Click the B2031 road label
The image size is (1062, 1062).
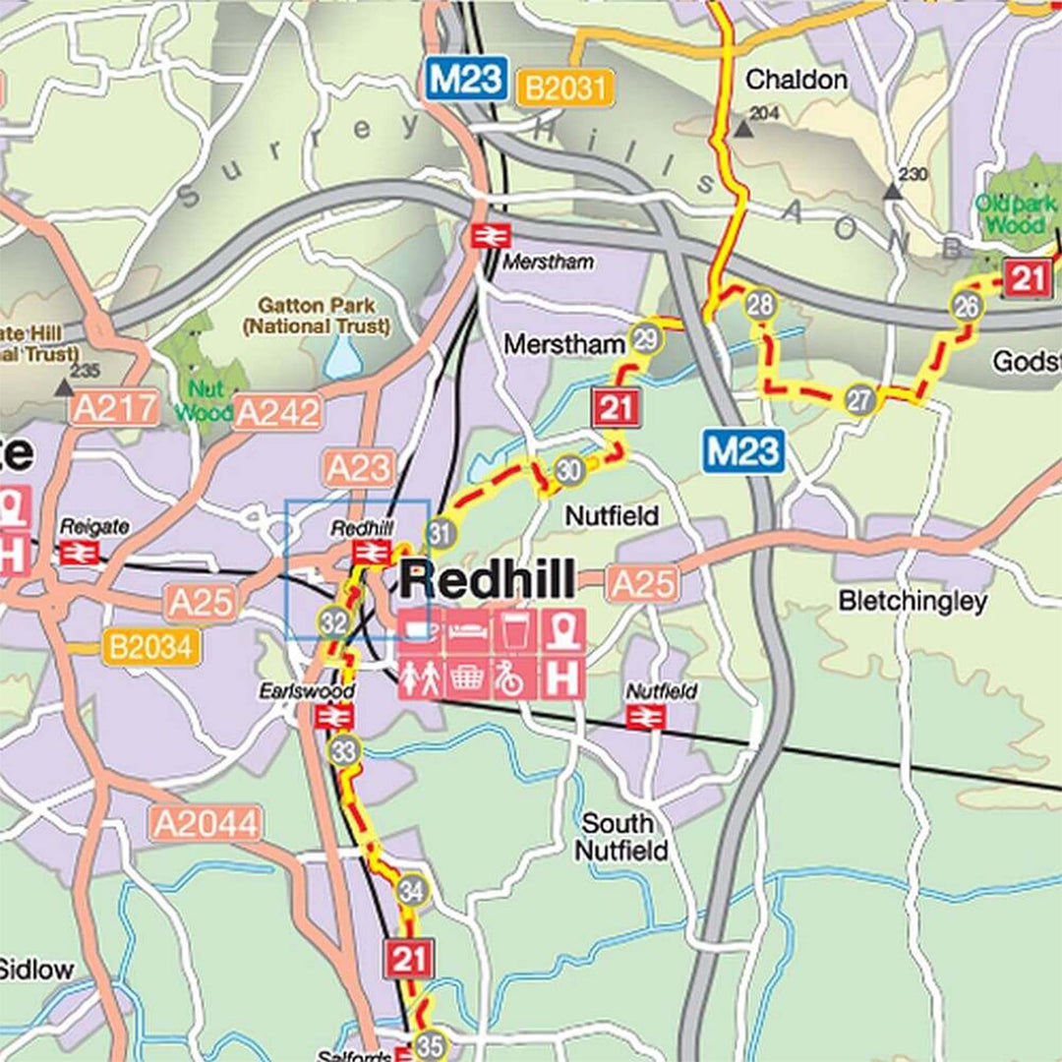click(x=564, y=88)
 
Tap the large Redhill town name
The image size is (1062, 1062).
click(x=487, y=581)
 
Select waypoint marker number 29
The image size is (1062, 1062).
click(x=646, y=339)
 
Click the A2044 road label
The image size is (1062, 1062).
click(x=206, y=824)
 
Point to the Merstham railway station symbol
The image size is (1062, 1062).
click(x=485, y=236)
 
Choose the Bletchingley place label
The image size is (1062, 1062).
click(x=912, y=602)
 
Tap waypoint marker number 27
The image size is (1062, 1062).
click(x=860, y=400)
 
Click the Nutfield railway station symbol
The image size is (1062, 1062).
click(x=646, y=717)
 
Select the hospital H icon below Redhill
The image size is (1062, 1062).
click(x=563, y=678)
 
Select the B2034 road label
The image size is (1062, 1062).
click(x=151, y=647)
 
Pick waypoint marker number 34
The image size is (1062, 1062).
click(x=413, y=890)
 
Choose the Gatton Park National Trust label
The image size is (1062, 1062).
click(x=317, y=316)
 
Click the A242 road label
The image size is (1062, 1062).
click(x=277, y=413)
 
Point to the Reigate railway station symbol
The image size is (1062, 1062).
click(x=79, y=553)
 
